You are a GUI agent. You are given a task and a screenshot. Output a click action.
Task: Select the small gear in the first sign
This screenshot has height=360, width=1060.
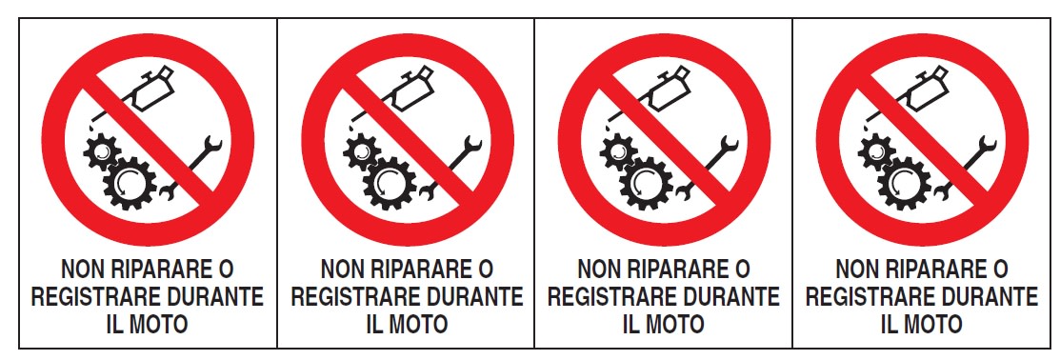click(x=102, y=152)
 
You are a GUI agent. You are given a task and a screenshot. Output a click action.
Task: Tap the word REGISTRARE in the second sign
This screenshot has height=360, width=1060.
click(x=349, y=296)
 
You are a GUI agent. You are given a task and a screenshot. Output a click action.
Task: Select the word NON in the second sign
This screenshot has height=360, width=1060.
click(x=337, y=270)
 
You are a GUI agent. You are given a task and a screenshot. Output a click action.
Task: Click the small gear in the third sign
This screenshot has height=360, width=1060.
click(x=618, y=152)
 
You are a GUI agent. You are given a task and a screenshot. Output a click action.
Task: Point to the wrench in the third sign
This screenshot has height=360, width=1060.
click(x=707, y=169)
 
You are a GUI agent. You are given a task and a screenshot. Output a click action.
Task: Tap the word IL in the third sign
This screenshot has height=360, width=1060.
click(x=630, y=324)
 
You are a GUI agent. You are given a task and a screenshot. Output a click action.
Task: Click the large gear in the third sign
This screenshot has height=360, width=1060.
click(x=647, y=182)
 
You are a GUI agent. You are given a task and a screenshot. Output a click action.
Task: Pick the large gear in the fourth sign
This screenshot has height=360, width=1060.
click(x=905, y=182)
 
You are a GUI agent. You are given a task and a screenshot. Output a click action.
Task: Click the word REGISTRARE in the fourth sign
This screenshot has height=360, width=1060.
click(x=863, y=296)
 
